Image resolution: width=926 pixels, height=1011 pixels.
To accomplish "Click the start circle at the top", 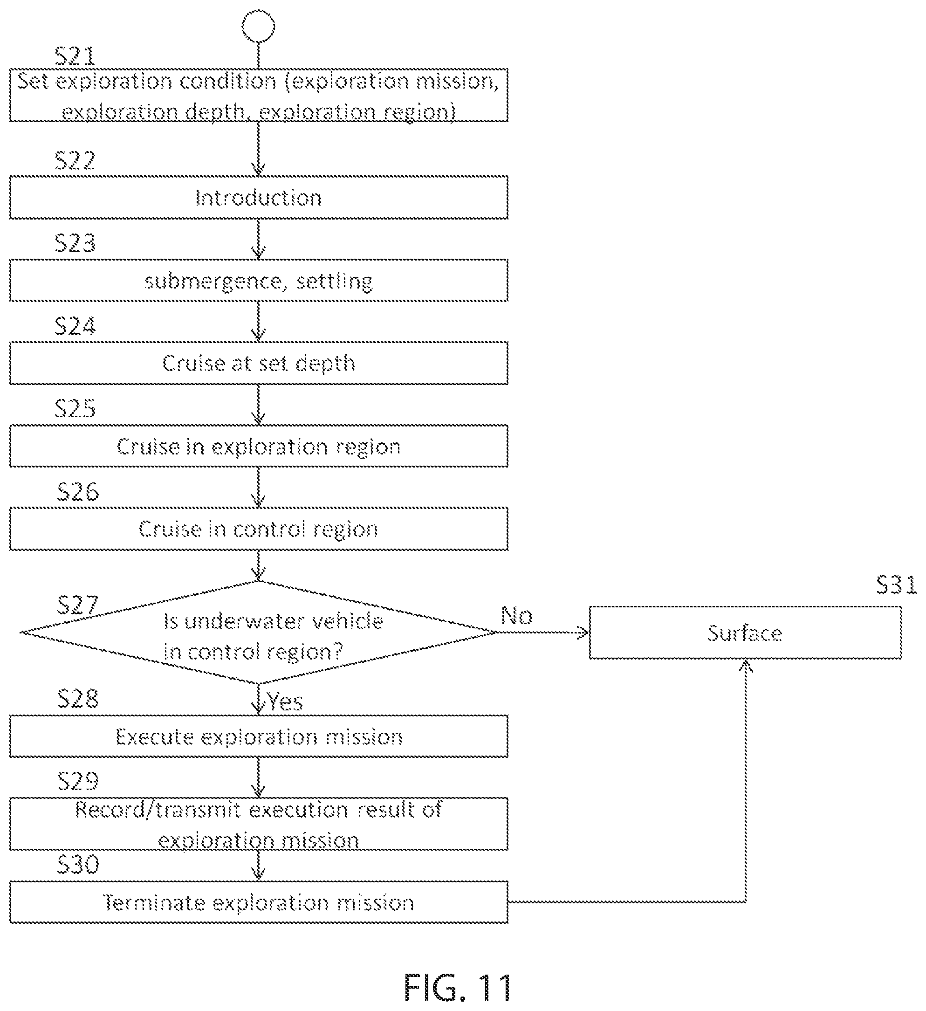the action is click(258, 27).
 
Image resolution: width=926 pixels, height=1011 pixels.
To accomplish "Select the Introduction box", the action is click(259, 198).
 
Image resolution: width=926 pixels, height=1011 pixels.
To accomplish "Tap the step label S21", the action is click(75, 55).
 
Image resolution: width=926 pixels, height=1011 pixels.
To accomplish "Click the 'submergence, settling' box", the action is click(259, 280).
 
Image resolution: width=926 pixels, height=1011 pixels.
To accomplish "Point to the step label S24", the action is click(75, 326).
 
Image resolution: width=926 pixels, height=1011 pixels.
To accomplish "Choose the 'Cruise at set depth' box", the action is click(259, 363).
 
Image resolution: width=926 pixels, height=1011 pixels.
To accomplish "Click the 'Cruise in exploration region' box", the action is click(259, 446).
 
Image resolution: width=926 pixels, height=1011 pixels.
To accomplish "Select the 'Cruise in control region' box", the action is click(259, 529).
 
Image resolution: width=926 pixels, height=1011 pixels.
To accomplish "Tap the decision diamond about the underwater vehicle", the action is click(259, 633).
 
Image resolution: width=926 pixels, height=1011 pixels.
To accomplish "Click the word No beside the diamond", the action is click(517, 615).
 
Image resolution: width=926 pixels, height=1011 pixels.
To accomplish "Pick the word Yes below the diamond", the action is click(285, 702).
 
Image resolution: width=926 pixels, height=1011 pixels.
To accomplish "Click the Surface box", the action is click(746, 633).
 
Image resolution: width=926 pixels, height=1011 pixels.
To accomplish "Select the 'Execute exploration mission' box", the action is click(259, 736).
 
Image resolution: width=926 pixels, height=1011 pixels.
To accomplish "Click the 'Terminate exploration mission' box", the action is click(259, 902).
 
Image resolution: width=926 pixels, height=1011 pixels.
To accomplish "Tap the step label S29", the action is click(78, 781).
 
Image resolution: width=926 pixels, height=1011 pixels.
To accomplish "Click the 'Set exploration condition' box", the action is click(259, 95).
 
